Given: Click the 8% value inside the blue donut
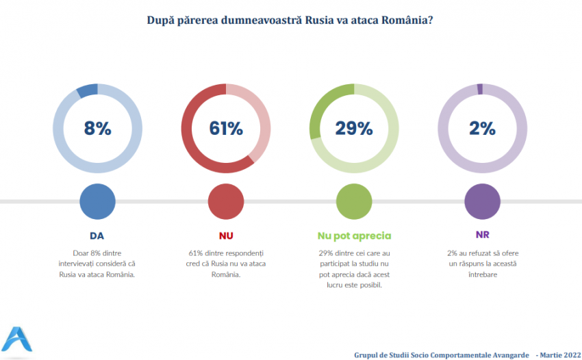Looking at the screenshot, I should point(97,128).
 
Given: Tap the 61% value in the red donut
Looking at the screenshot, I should point(226,128).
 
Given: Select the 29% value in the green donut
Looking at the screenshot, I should point(354,128).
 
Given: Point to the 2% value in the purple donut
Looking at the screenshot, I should point(482,128).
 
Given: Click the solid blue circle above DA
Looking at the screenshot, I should point(97,201).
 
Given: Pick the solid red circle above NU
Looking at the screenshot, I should point(226,201).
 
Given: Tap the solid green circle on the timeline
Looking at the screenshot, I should point(354,201).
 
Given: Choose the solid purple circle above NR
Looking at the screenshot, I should point(482,201).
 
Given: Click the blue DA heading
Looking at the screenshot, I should point(97,236).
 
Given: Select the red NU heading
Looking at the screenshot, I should point(226,236).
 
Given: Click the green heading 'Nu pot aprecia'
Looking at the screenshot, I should point(354,236).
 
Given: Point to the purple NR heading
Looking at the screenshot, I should point(482,236).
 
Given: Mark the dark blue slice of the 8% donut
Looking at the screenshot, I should point(87,91).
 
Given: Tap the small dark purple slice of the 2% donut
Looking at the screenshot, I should point(480,88).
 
